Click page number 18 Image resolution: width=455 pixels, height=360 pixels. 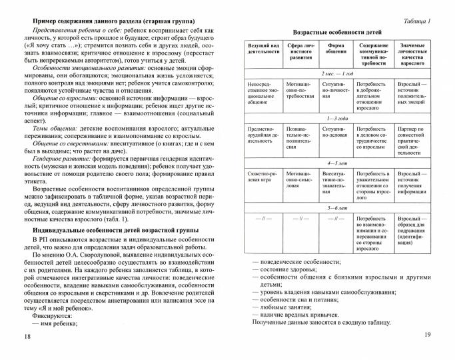tap(27, 337)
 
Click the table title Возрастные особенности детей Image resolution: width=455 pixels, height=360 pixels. tap(337, 32)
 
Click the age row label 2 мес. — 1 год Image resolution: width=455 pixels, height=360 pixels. tap(337, 73)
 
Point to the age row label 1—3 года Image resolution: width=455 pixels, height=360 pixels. tap(337, 116)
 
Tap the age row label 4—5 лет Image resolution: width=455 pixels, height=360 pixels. tap(337, 163)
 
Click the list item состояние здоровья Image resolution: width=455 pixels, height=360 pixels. tap(294, 270)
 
